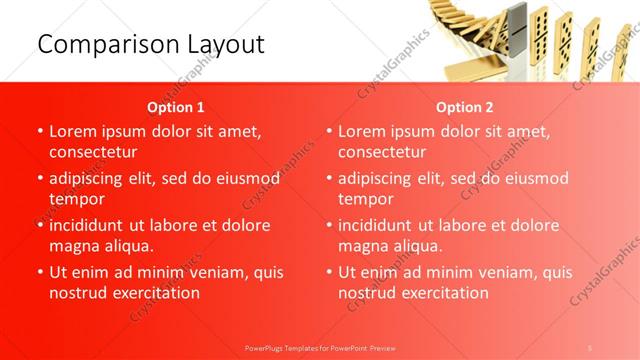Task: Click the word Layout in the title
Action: click(x=224, y=45)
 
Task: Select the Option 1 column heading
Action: click(x=176, y=106)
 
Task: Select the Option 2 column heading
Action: click(x=465, y=106)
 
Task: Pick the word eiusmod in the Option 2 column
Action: click(x=535, y=178)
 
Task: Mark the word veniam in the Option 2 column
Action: click(x=504, y=272)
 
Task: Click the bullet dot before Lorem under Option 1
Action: click(x=39, y=132)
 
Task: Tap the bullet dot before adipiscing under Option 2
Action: click(x=328, y=179)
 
